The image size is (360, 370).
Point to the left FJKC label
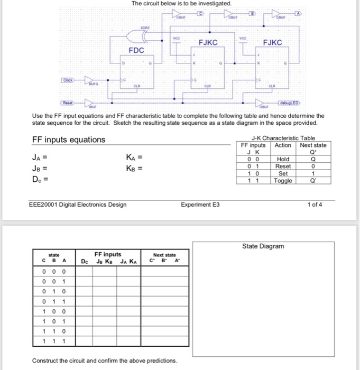tap(208, 42)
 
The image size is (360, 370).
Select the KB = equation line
tap(134, 169)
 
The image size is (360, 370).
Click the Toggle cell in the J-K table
tap(283, 180)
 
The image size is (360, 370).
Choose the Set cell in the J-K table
tap(283, 173)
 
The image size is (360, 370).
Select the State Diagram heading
tap(263, 246)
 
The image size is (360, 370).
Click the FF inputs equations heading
tap(68, 140)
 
